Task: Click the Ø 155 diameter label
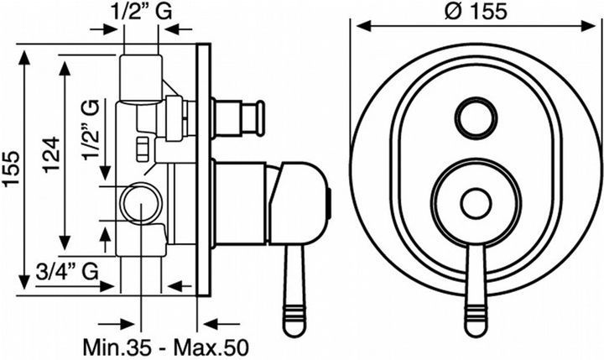[x=476, y=11]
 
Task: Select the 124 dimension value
[x=51, y=154]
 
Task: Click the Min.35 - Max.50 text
[x=165, y=347]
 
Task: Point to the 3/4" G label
[x=67, y=272]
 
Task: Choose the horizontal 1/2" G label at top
[x=143, y=11]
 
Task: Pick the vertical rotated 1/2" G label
[x=91, y=129]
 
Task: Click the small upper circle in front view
[x=476, y=117]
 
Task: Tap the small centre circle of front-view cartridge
[x=476, y=204]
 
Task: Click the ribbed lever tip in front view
[x=476, y=320]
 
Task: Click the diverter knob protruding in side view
[x=237, y=117]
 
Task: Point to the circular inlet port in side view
[x=141, y=204]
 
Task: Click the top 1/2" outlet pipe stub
[x=141, y=79]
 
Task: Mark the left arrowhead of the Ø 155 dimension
[x=363, y=26]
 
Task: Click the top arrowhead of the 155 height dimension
[x=24, y=57]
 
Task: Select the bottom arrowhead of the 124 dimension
[x=65, y=243]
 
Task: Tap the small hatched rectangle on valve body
[x=142, y=149]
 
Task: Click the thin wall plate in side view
[x=203, y=170]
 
